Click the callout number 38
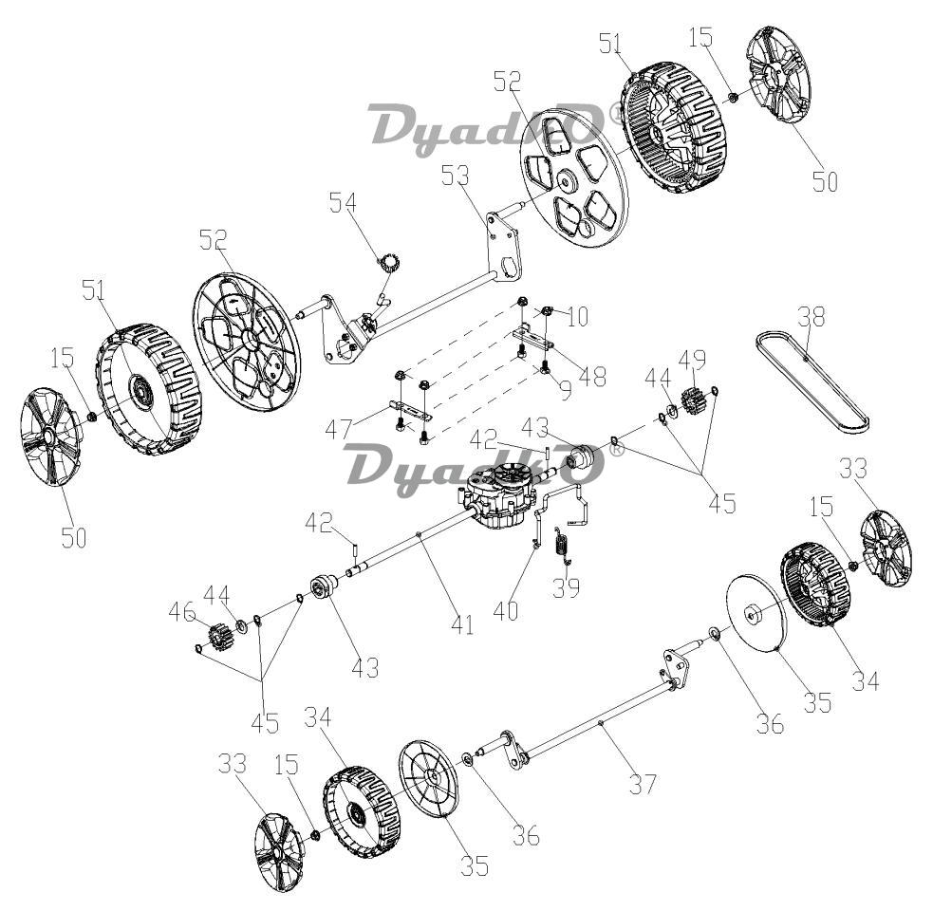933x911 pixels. coord(812,317)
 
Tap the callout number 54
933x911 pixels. coord(344,202)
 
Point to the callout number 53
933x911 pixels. coord(456,176)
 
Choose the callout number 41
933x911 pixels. coord(462,624)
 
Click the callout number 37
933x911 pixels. coord(644,784)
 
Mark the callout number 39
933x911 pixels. coord(566,587)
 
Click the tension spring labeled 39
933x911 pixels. coord(562,545)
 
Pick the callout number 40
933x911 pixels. coord(506,611)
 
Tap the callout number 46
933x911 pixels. coord(182,612)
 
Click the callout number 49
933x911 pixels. coord(693,359)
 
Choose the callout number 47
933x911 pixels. coord(339,428)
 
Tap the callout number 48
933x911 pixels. coord(592,376)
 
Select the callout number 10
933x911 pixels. coord(577,317)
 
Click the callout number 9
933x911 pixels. coord(566,390)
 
